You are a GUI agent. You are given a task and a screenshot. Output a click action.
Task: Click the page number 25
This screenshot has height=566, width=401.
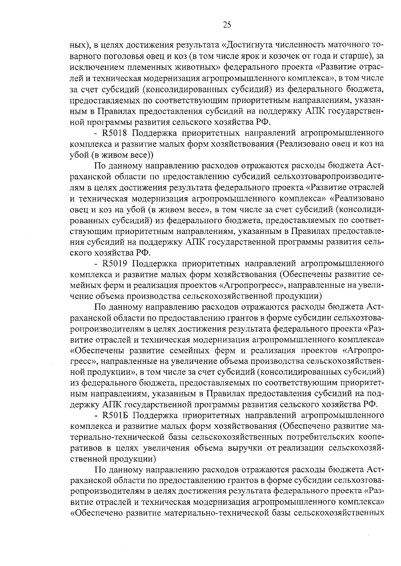point(227,25)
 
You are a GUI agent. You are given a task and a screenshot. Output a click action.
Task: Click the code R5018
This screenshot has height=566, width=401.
point(114,133)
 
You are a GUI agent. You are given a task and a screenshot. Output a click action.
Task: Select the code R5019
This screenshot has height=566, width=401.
point(114,264)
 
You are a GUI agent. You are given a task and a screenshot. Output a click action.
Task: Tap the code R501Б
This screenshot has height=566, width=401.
point(114,416)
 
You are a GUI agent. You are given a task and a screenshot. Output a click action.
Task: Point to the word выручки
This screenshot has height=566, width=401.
point(246,448)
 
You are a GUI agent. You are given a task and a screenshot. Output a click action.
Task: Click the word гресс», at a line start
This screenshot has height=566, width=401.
point(83,361)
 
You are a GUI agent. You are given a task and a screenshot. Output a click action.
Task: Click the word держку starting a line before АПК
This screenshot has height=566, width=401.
point(84,405)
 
